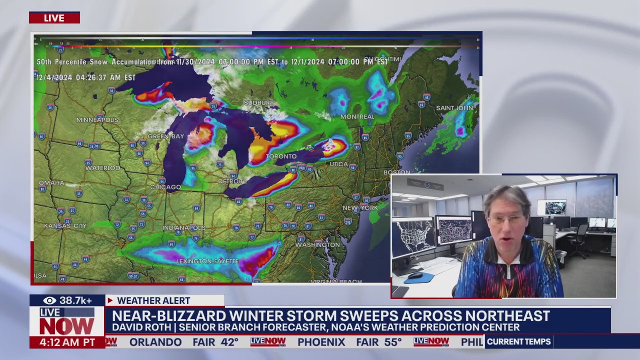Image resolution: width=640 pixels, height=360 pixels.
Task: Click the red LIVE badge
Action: [x=54, y=18]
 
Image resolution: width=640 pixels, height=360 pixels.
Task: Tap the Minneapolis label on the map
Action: [x=97, y=120]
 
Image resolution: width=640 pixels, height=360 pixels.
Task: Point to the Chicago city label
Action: [x=165, y=187]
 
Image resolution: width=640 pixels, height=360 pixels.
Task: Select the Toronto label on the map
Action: [x=281, y=156]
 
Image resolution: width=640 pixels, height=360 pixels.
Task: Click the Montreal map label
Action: [x=357, y=116]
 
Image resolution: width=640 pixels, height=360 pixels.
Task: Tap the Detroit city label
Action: [x=230, y=181]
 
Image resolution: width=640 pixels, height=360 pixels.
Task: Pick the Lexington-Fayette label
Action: [x=207, y=261]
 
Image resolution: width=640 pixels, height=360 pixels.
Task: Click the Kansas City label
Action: [x=65, y=226]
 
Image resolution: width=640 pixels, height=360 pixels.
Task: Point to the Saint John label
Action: [x=454, y=108]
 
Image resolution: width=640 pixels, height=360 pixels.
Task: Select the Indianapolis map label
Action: [x=184, y=227]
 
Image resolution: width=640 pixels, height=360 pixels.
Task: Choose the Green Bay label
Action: [x=165, y=136]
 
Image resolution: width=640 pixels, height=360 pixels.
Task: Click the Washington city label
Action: [x=317, y=245]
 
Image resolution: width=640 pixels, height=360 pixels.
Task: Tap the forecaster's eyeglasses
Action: [x=506, y=219]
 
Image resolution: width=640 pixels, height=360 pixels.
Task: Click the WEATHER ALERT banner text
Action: [x=153, y=300]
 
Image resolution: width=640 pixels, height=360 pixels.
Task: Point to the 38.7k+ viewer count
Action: [x=75, y=300]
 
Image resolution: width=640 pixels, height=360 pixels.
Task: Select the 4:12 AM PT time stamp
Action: [x=67, y=342]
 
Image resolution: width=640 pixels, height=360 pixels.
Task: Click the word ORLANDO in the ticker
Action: [x=155, y=342]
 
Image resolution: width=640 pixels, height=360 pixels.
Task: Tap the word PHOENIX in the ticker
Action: [x=321, y=342]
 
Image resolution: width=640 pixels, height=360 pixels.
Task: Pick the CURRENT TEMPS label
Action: [x=518, y=342]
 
